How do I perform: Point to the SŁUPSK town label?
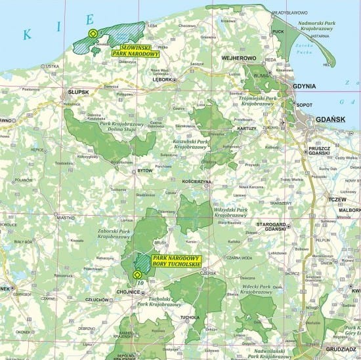click(x=79, y=92)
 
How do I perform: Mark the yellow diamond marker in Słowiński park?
click(x=93, y=34)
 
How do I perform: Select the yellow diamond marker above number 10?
click(x=137, y=274)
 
